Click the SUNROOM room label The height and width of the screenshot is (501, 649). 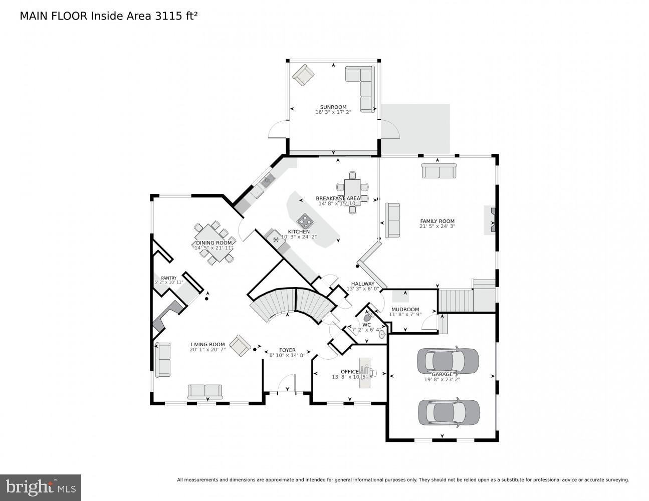[333, 107]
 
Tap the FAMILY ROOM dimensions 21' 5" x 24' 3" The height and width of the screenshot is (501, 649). [437, 226]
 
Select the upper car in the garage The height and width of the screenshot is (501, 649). [448, 360]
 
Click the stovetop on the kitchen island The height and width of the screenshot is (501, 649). [305, 220]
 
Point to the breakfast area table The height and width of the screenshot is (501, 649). [352, 191]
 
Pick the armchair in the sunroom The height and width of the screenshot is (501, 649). [304, 76]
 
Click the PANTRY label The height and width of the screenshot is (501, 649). [168, 278]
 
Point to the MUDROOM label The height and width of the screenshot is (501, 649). [405, 310]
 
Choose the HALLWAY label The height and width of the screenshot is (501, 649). [363, 284]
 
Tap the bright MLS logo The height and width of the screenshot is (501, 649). [40, 487]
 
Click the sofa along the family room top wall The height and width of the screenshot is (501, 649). [439, 171]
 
